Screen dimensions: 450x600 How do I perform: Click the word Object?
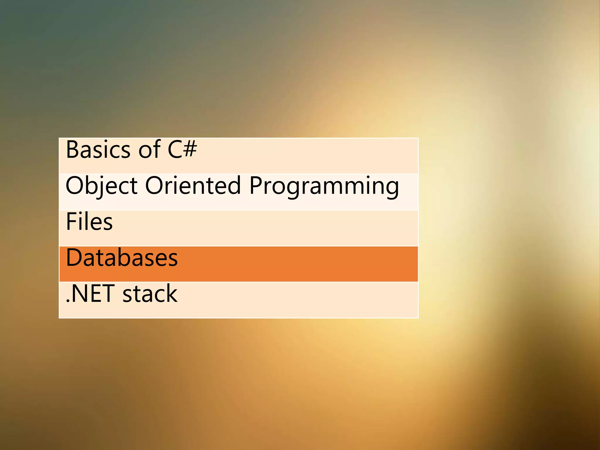click(101, 186)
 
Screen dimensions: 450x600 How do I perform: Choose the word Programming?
click(324, 186)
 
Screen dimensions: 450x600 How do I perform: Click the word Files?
click(89, 221)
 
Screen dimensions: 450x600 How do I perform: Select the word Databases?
click(122, 258)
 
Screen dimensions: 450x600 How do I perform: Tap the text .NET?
click(90, 294)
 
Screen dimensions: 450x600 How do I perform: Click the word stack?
click(150, 294)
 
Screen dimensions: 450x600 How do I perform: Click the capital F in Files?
click(71, 221)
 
